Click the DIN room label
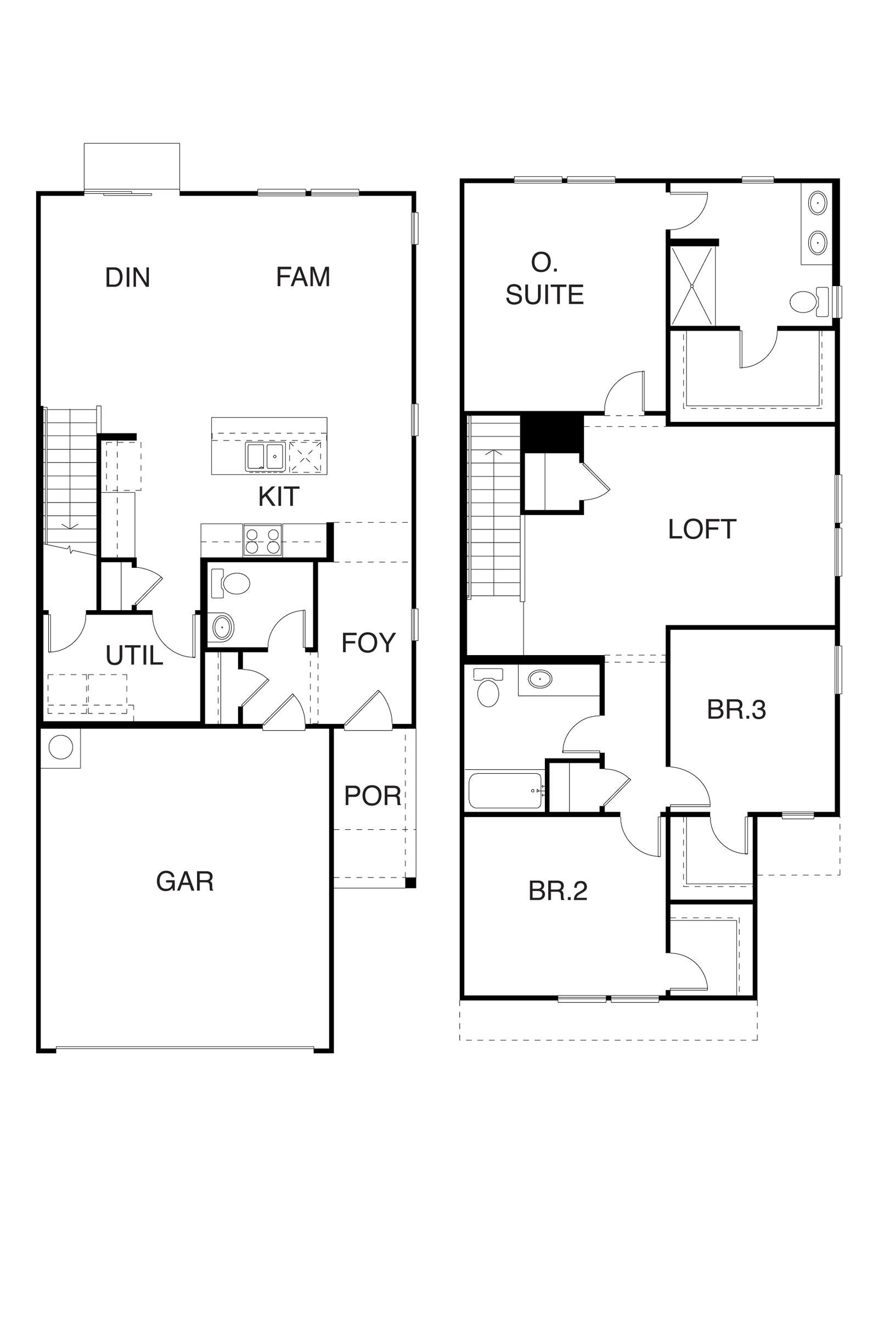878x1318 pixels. (128, 277)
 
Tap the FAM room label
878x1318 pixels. (303, 277)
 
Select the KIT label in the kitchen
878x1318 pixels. (278, 496)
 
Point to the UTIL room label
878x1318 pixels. (134, 655)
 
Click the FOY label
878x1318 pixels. (368, 643)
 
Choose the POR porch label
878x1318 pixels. (373, 796)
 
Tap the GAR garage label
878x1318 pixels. (185, 881)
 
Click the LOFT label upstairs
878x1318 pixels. (702, 529)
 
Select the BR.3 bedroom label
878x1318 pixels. (736, 710)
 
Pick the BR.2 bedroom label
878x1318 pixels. (558, 891)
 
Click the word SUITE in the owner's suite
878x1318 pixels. (544, 295)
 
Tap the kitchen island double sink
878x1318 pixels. (266, 457)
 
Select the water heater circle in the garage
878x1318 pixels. (60, 747)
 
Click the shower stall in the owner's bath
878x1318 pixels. (693, 286)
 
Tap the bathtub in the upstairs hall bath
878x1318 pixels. (505, 791)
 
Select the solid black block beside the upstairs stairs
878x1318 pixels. (552, 433)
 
